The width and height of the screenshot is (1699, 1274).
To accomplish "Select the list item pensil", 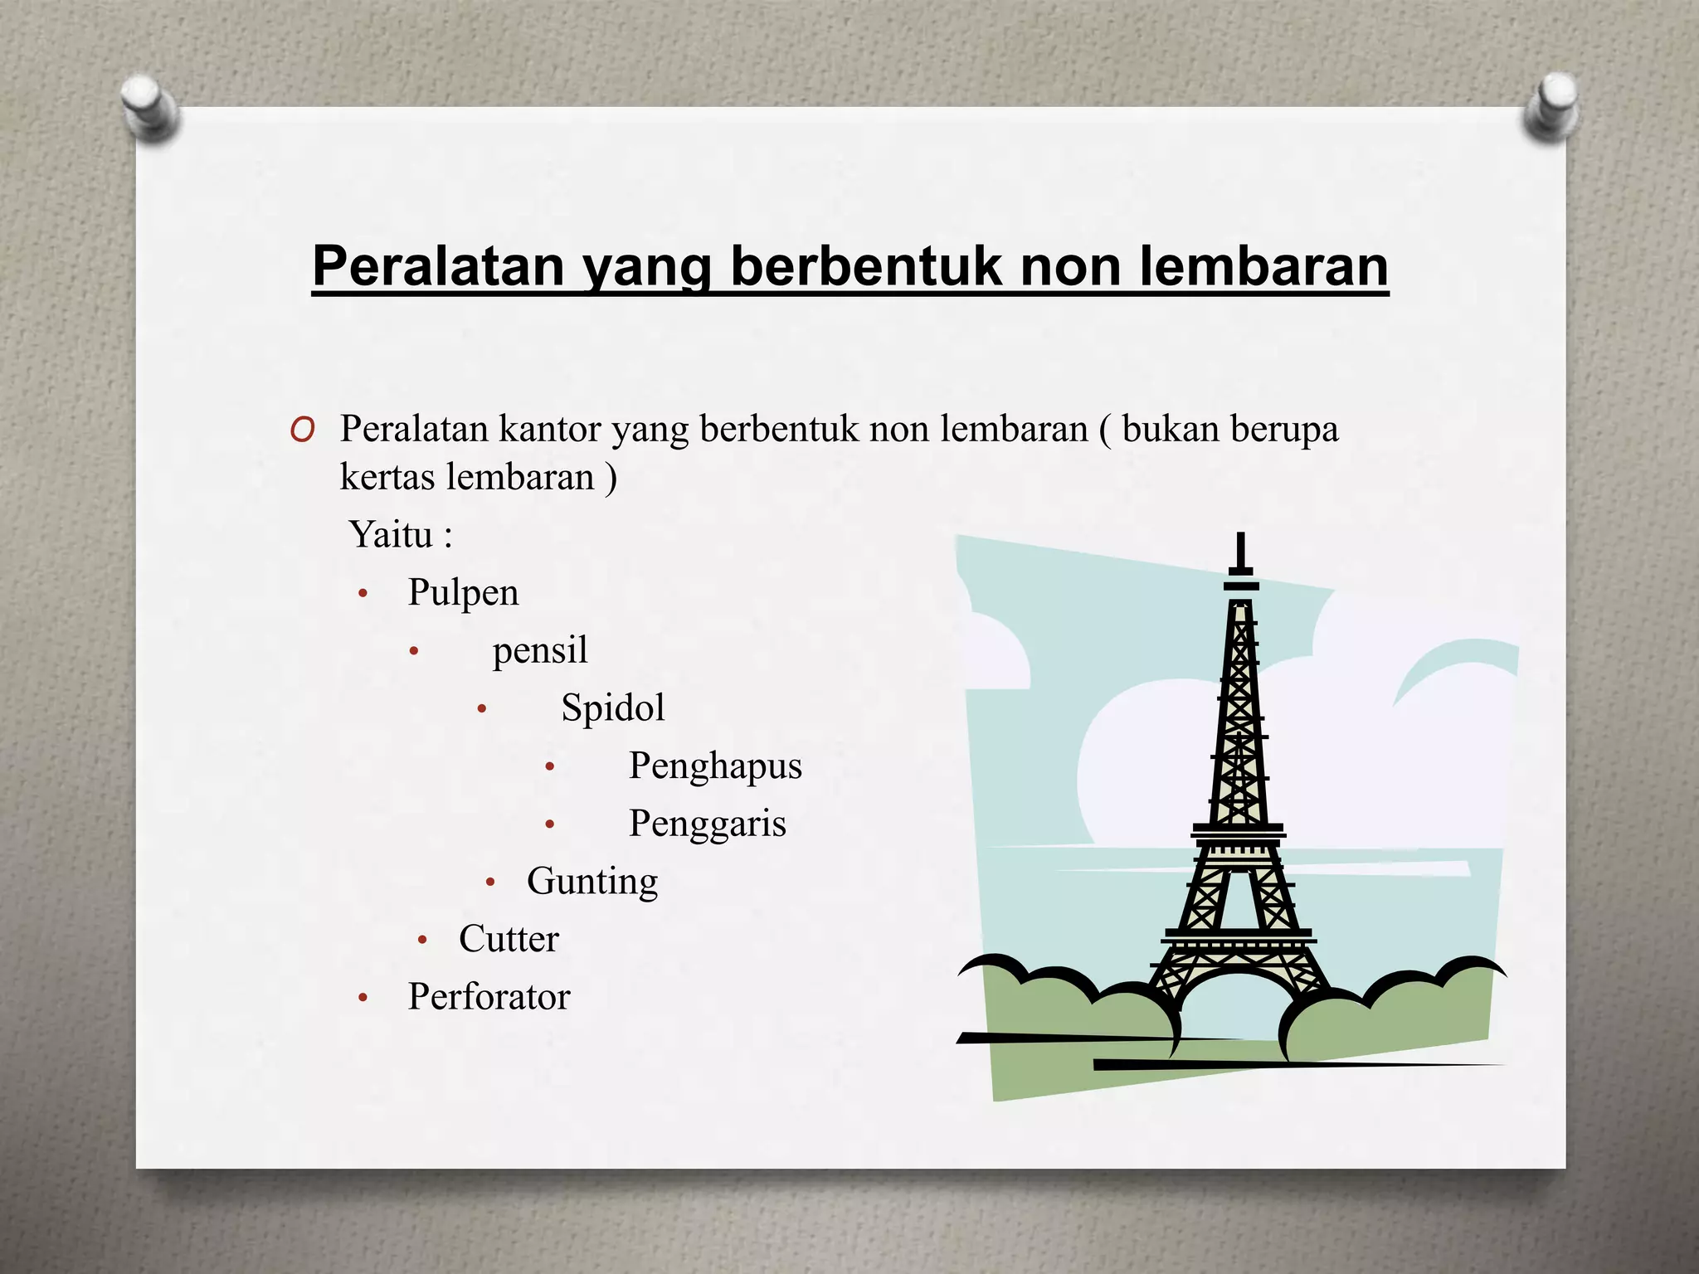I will point(539,650).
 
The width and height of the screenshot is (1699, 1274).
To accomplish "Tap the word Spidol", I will point(612,708).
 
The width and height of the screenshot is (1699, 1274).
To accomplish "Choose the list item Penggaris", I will point(707,824).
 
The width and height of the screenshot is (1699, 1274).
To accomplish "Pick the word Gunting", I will point(592,882).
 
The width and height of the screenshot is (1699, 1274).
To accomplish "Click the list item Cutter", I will point(509,939).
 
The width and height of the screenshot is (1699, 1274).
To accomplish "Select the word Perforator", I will point(489,997).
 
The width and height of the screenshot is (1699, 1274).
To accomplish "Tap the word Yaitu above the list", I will point(391,535).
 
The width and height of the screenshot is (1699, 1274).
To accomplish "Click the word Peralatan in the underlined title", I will point(438,266).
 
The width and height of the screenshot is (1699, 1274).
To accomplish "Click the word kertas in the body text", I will point(387,477).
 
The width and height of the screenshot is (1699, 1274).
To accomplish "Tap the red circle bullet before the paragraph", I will point(303,430).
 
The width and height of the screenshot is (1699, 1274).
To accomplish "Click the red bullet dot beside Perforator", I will point(363,999).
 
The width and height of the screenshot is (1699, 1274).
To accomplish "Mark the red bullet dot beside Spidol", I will point(482,710).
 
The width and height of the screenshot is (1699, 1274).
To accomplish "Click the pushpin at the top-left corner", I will point(149,106).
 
